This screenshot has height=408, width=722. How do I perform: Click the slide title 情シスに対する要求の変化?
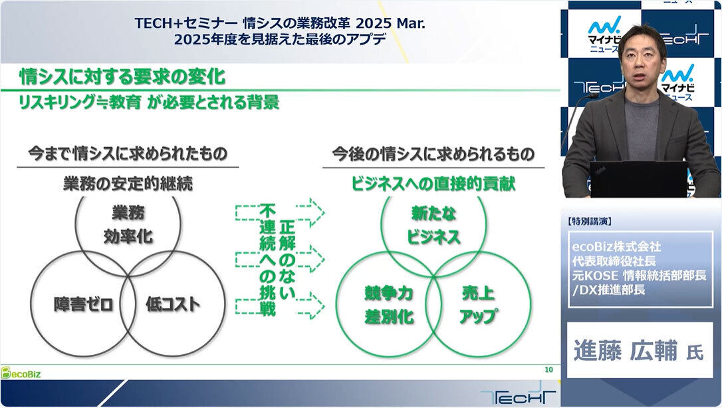(x=122, y=77)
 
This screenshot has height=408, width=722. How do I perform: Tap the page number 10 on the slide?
(x=548, y=370)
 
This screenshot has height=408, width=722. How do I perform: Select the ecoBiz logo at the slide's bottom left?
(x=21, y=373)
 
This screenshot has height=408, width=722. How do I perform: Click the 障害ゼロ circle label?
(x=83, y=304)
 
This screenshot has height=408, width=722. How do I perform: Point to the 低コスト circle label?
(x=173, y=304)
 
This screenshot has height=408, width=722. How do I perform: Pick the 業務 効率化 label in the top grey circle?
(x=128, y=224)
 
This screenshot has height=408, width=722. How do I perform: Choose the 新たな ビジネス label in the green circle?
(x=433, y=225)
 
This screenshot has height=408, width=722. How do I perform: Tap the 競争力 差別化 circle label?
(x=389, y=306)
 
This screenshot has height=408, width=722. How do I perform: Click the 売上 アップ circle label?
(x=478, y=306)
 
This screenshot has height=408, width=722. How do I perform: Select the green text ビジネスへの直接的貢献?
(x=433, y=184)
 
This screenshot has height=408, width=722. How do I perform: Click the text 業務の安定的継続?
(x=128, y=184)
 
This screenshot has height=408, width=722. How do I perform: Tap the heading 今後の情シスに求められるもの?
(x=433, y=154)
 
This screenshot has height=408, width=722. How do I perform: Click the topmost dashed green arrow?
(x=280, y=213)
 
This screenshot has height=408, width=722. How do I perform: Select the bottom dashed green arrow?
(x=280, y=306)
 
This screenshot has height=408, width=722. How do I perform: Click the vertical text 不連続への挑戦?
(x=267, y=260)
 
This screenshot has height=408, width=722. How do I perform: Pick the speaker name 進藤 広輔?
(x=626, y=350)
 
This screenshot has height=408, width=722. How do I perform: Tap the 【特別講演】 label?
(x=590, y=222)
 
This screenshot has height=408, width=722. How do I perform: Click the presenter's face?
(x=641, y=60)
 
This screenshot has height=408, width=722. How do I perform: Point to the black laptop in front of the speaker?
(x=639, y=179)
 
